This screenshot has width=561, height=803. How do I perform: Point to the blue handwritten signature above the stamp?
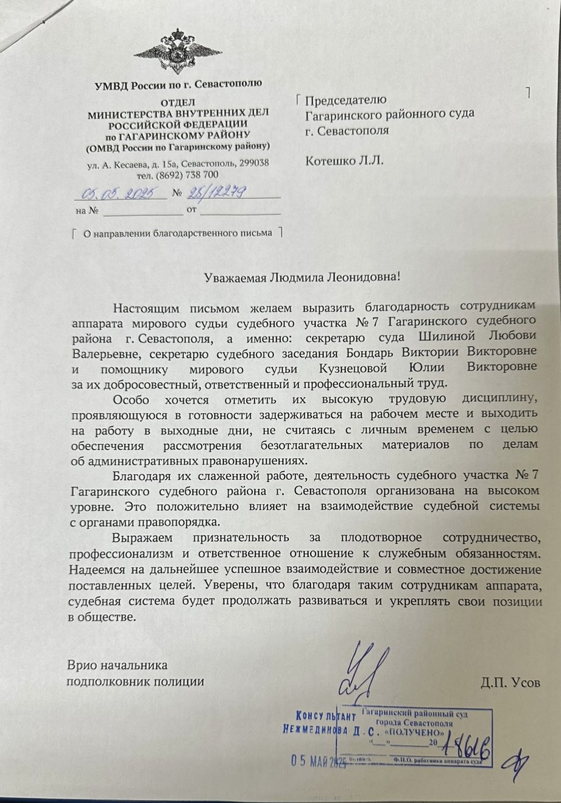pyautogui.click(x=365, y=670)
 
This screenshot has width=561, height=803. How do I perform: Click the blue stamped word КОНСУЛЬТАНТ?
pyautogui.click(x=326, y=715)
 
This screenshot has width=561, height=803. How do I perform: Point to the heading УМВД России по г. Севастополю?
pyautogui.click(x=178, y=84)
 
